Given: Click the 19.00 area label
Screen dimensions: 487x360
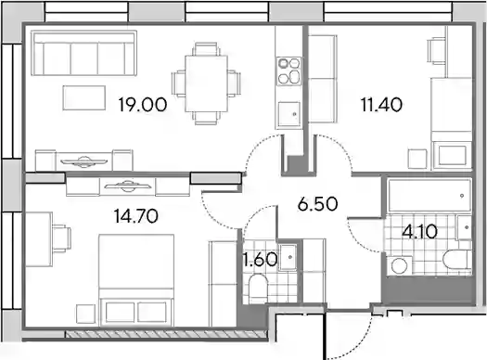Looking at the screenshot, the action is pos(143,104).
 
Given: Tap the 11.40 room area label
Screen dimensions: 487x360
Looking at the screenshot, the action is pos(381,104).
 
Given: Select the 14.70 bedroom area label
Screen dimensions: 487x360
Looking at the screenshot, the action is pos(136,216).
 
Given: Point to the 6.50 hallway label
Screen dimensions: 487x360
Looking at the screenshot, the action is pos(317,204).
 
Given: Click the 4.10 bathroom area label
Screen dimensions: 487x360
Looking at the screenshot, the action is pos(419,231).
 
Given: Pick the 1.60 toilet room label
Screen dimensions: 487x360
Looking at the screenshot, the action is pos(261,260).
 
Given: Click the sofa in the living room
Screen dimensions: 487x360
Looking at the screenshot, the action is pos(83,53).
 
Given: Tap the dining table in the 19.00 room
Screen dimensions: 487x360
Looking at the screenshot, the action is pos(206,84).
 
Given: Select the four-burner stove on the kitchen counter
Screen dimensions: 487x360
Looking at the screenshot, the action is pos(289,71).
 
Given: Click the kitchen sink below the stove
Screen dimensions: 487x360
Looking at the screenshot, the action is pos(288,114).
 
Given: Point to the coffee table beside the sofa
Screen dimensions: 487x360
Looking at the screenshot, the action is pos(83,97).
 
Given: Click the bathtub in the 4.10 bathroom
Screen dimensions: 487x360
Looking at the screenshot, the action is pos(429,196).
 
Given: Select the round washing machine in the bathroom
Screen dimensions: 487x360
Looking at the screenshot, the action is pos(400,266).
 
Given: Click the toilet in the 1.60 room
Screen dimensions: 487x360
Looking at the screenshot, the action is pos(259,289).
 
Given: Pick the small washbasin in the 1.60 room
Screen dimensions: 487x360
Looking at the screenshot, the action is pos(288,257).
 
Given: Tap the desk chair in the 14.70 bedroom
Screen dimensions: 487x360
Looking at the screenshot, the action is pos(62,238).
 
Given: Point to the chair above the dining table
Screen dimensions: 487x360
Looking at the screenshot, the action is pos(206,49).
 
